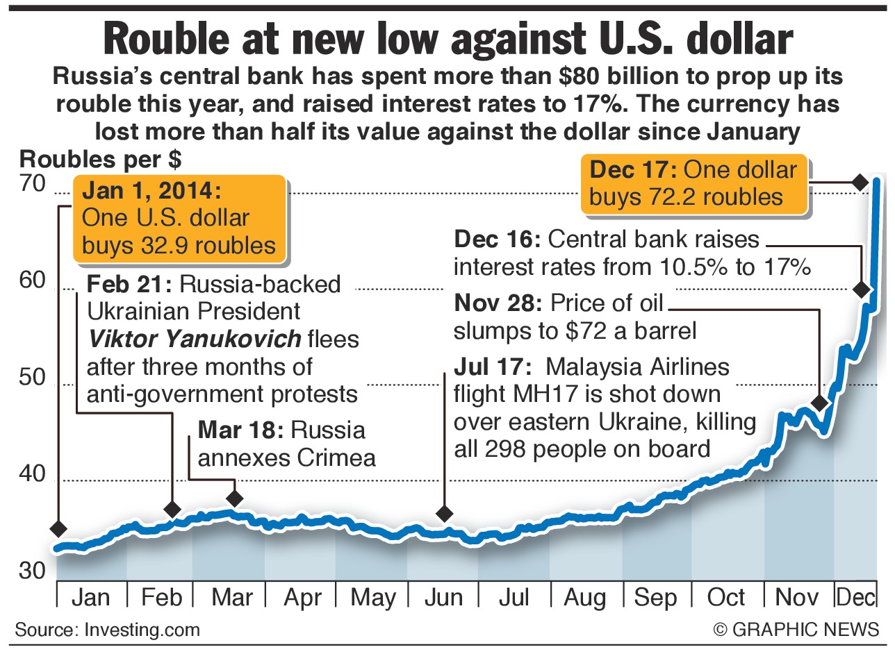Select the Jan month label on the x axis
90,598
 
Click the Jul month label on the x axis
514,598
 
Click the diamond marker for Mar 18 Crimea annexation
235,498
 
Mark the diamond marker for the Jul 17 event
444,514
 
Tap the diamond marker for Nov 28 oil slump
820,403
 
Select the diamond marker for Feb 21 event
172,510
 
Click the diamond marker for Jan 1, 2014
58,529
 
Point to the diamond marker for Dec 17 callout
860,183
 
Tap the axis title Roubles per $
101,160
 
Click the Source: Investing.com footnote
107,630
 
